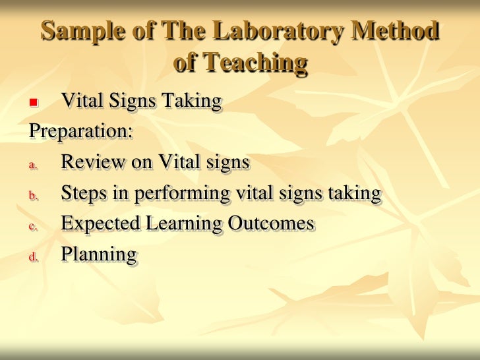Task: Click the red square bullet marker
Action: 33,103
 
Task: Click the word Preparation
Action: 80,131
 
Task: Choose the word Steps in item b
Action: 84,193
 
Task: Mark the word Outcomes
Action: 271,224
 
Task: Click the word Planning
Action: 98,255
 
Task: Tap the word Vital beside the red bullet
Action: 80,101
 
